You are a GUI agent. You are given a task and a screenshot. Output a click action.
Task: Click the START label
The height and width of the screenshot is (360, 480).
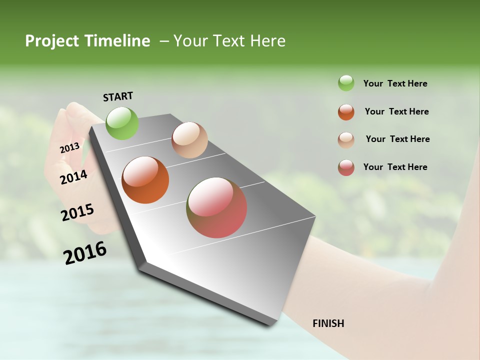[x=118, y=96]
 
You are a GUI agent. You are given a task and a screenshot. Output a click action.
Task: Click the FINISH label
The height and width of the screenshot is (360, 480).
[x=328, y=323]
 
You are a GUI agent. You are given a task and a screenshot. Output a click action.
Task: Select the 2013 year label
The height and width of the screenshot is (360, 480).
[x=69, y=148]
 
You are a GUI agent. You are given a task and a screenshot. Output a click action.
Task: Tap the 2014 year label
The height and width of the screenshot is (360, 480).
[x=74, y=177]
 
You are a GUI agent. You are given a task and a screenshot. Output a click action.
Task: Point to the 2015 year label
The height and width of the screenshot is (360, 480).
[x=77, y=212]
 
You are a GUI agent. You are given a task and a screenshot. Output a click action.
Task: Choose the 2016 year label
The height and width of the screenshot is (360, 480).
[x=85, y=253]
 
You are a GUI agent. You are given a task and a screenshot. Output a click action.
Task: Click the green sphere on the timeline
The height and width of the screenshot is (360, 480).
[x=122, y=123]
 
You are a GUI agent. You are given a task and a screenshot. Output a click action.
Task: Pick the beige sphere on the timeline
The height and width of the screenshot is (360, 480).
[x=189, y=140]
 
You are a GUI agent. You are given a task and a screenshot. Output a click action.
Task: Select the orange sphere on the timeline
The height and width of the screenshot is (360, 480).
[x=145, y=180]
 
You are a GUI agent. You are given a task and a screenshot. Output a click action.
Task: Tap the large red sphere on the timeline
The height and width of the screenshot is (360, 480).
[x=216, y=207]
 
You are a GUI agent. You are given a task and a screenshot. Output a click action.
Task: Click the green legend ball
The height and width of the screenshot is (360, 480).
[x=346, y=83]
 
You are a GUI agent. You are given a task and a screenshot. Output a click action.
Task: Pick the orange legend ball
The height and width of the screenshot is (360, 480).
[x=346, y=112]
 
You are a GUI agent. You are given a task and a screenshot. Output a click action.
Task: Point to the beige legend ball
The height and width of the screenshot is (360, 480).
[x=346, y=140]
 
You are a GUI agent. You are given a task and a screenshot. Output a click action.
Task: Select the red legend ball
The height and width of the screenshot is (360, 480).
[x=346, y=168]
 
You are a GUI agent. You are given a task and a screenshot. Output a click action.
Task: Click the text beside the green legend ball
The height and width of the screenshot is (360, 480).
[x=395, y=83]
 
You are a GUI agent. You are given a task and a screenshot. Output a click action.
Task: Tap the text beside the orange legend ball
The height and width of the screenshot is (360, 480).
[x=396, y=111]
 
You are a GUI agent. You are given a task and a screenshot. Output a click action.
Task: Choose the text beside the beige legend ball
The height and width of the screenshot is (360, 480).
[x=397, y=139]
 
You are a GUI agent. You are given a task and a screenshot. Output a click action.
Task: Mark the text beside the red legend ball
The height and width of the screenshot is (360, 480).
[x=395, y=167]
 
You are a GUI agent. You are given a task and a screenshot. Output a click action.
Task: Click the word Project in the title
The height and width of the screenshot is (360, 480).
[x=52, y=41]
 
